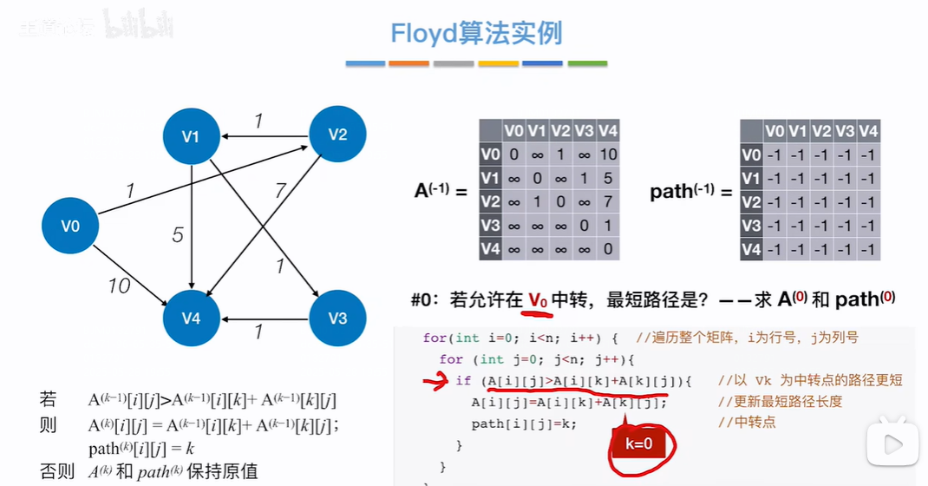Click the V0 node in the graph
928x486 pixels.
(70, 227)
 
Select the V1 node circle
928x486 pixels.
(191, 136)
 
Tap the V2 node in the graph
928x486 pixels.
(337, 134)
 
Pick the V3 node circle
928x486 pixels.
(337, 319)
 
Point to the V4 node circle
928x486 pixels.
(191, 319)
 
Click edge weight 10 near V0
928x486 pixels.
(120, 284)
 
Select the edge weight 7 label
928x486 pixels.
(280, 189)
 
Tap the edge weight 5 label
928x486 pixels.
(177, 234)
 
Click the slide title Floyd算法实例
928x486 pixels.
(476, 33)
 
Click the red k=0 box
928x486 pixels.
(637, 444)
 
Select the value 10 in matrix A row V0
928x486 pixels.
(607, 155)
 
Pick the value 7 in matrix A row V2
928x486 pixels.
(607, 202)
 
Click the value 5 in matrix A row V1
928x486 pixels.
(607, 179)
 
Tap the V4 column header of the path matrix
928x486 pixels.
(867, 131)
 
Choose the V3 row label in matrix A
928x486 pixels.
(491, 226)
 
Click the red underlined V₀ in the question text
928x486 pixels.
(539, 299)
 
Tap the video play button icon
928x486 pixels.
(893, 444)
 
